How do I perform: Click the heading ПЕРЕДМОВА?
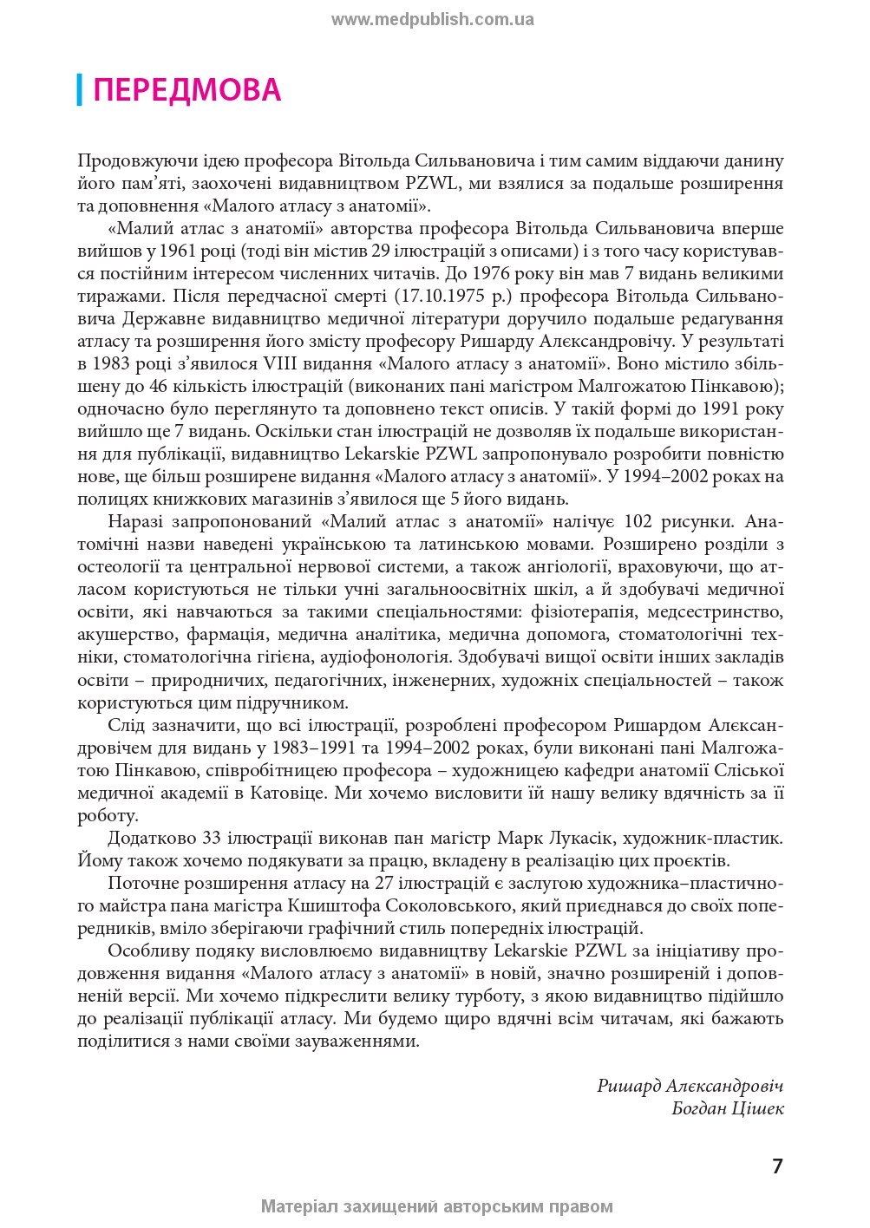[186, 90]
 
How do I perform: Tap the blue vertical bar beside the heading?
[80, 90]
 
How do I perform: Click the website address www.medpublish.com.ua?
[432, 20]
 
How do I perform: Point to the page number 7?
[777, 1166]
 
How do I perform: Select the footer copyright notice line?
[436, 1206]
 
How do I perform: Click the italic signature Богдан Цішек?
[728, 1108]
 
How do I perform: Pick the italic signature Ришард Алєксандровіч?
[690, 1086]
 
